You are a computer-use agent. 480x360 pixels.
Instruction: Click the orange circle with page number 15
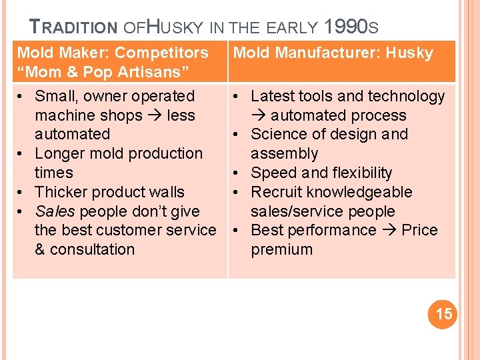443,314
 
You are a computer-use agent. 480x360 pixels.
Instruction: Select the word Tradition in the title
73,27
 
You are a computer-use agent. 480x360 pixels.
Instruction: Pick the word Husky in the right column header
409,53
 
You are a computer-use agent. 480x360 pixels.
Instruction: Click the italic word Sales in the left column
55,211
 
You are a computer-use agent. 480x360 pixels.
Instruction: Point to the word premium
281,249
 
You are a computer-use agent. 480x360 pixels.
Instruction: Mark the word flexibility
361,173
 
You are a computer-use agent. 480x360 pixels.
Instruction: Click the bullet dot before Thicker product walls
23,192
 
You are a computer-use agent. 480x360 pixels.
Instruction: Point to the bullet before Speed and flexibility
237,173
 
